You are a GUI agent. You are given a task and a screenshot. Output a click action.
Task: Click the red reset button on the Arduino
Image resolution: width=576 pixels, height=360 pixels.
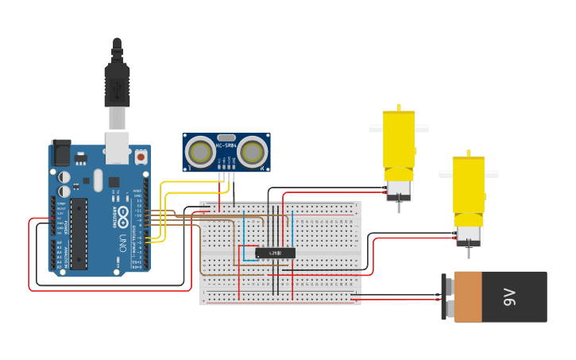tap(141, 157)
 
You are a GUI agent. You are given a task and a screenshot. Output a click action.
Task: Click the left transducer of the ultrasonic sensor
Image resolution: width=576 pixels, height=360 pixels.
tap(199, 151)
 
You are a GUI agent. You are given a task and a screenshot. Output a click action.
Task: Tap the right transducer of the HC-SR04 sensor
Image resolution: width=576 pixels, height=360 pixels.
tap(253, 151)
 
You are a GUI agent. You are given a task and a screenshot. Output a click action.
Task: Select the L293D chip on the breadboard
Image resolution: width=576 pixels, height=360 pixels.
tap(275, 253)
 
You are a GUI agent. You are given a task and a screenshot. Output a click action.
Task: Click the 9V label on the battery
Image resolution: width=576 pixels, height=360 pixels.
tap(509, 297)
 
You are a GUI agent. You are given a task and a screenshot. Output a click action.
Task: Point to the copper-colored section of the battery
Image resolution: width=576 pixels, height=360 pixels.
tap(467, 297)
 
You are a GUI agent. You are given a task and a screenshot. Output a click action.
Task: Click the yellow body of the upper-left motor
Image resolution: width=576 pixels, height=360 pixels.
tap(399, 139)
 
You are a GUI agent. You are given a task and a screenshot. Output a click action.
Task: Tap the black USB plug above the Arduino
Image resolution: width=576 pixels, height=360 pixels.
tap(117, 83)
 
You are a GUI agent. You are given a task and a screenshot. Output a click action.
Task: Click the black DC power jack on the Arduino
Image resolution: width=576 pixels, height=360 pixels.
tap(61, 153)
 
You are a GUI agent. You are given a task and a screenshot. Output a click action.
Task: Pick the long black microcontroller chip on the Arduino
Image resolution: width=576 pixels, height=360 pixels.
tap(78, 233)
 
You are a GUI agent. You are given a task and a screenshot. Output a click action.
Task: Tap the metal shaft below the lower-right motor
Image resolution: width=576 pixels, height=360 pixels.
tap(469, 251)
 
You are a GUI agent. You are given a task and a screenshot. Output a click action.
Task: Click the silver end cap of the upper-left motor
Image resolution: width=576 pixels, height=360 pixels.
tap(398, 188)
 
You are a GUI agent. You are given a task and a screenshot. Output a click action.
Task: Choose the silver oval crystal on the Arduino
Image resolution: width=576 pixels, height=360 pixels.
tap(98, 180)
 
